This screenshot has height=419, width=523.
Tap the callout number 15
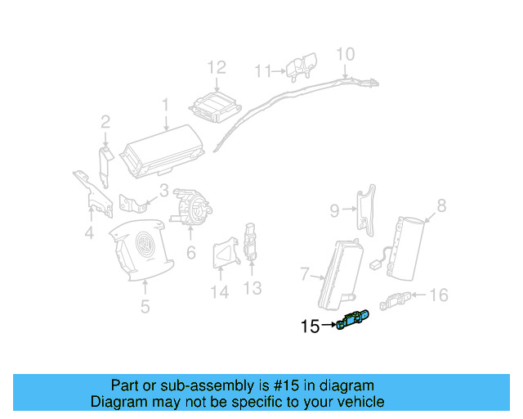[310, 327]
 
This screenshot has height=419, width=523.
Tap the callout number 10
[346, 54]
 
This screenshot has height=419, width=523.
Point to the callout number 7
[304, 273]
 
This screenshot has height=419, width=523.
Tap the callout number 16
[439, 295]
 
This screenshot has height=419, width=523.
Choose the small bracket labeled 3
[131, 202]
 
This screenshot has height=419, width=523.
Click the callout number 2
[105, 123]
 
